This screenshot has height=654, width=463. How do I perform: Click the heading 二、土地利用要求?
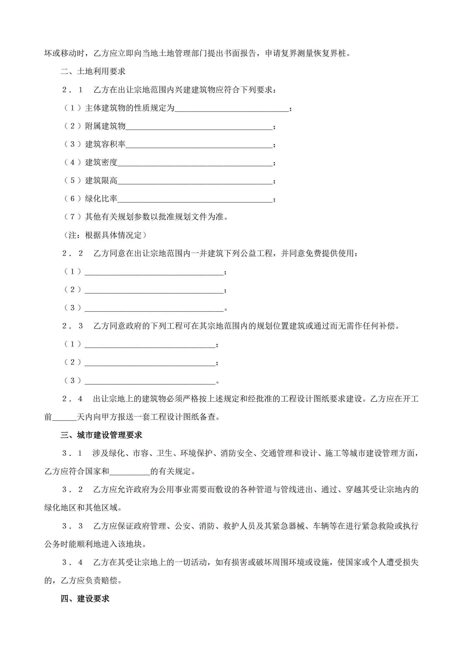pos(93,71)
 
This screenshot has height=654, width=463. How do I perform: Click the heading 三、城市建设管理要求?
pos(101,435)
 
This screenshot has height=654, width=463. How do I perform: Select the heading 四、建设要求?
pos(85,599)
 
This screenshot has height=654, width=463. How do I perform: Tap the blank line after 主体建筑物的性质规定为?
pos(231,109)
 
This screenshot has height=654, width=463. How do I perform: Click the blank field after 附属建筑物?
pos(199,127)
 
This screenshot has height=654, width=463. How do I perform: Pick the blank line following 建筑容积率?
pos(199,145)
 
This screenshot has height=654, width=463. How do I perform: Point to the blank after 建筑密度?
pos(195,163)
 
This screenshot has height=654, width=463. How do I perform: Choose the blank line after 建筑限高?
pos(195,181)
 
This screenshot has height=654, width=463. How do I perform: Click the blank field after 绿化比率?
pos(195,199)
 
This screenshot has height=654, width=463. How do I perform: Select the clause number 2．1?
pos(72,90)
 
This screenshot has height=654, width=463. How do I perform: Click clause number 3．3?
pos(72,526)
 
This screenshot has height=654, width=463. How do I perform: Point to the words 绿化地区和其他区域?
pos(81,508)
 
